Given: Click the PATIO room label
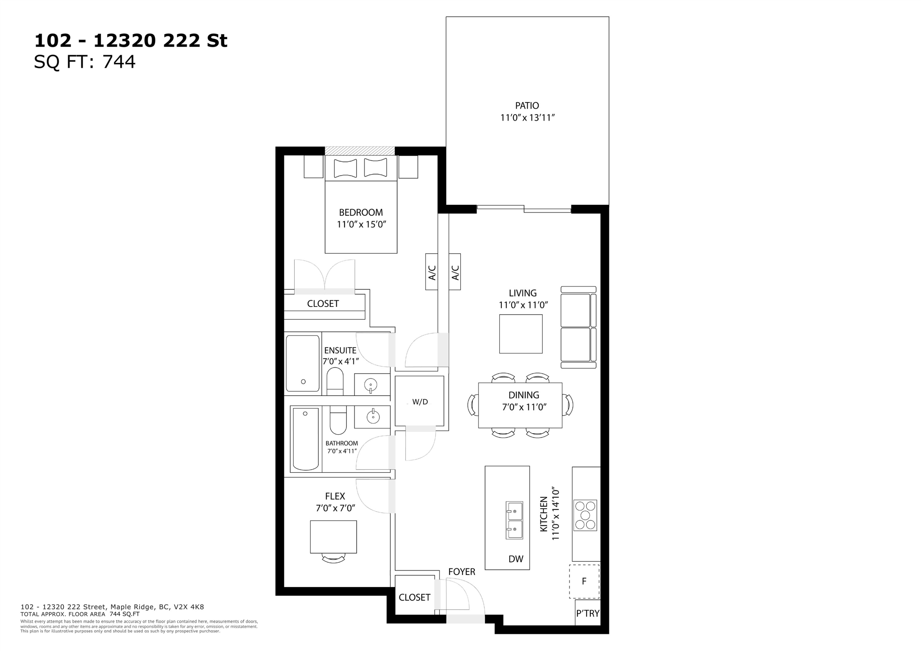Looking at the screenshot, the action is point(527,106).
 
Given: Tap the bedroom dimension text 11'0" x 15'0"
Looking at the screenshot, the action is point(361,224).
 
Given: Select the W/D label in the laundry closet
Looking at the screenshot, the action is point(420,402).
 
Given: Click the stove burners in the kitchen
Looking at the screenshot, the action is point(585,515).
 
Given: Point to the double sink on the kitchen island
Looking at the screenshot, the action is point(514,520).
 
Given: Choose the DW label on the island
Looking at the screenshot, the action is point(516,559).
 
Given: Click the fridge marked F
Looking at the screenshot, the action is point(584,581).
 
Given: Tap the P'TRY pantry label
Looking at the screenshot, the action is point(588,613).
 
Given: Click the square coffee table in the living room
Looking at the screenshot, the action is point(521,334).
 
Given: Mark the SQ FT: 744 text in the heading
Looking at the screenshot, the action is point(85,62).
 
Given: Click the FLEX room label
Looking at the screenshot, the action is point(335,496).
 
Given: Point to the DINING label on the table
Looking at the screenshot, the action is point(523,395).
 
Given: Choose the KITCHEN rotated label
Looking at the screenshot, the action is point(543,514).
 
